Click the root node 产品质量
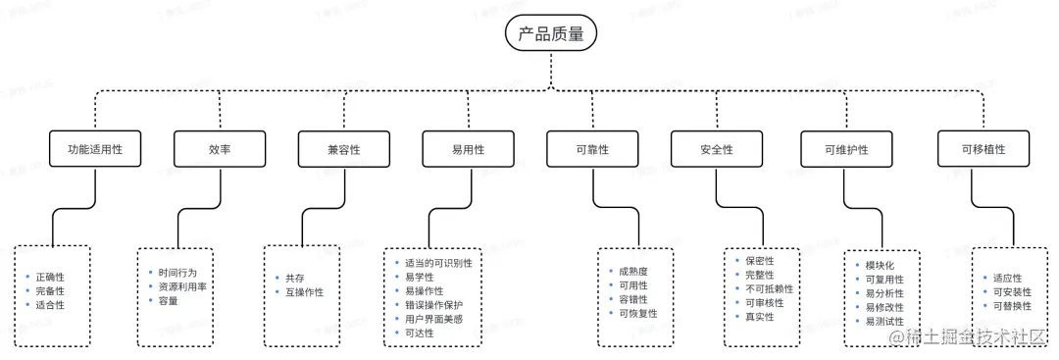550,34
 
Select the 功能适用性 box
94,150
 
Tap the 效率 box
220,150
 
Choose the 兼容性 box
344,150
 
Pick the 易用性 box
468,150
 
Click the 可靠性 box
592,150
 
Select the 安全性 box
717,150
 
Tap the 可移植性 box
983,150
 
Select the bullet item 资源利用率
181,286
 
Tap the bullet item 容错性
631,299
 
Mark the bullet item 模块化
880,266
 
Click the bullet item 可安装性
1012,292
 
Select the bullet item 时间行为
177,272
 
